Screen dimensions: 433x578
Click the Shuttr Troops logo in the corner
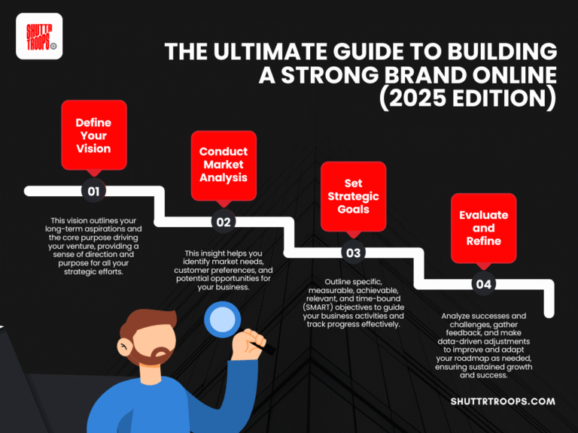coord(39,36)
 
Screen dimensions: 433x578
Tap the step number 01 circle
coord(93,191)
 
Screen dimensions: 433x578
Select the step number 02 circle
coord(224,222)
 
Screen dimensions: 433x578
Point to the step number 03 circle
coord(353,253)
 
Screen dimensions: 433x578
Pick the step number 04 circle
coord(483,284)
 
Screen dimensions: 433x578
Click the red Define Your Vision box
coord(93,135)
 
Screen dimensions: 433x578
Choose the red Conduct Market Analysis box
coord(224,165)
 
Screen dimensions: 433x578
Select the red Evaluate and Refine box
coord(483,227)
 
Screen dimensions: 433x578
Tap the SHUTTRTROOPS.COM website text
coord(503,401)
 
